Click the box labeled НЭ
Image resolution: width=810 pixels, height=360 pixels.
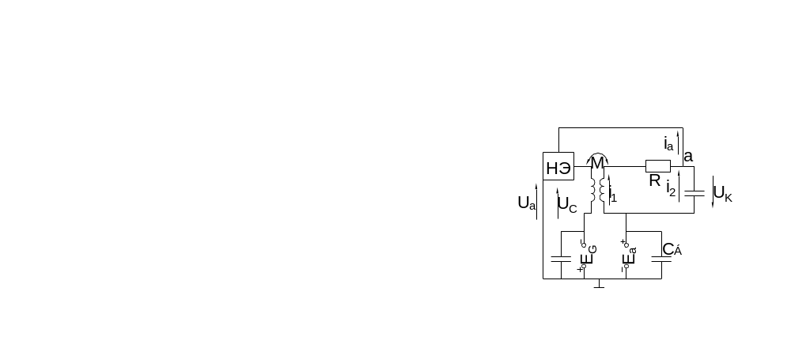[558, 166]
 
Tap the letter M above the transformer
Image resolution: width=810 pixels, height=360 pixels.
[597, 164]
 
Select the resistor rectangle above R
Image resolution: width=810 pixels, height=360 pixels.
[658, 166]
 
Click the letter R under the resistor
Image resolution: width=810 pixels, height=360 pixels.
[655, 181]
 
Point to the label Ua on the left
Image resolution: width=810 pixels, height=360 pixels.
[526, 203]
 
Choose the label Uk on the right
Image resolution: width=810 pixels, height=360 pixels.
[724, 194]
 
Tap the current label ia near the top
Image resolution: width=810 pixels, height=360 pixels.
[669, 143]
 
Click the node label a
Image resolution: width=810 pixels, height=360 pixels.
[688, 157]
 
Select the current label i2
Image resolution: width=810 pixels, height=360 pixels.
[671, 189]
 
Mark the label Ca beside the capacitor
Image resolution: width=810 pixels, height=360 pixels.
[672, 249]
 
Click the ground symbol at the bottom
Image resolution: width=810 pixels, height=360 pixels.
[600, 282]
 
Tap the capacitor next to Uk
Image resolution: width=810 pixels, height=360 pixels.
[694, 192]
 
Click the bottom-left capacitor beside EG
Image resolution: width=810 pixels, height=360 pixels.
[561, 258]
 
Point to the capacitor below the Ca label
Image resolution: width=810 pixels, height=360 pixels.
[661, 258]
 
